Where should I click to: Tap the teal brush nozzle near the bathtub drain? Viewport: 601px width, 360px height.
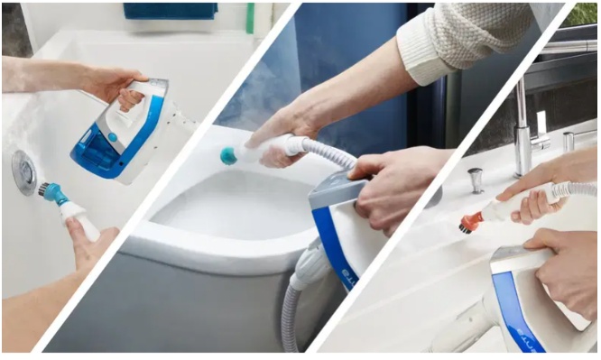(x=51, y=191)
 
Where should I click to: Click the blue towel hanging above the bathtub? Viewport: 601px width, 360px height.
(x=171, y=11)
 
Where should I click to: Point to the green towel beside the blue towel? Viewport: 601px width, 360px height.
(x=250, y=17)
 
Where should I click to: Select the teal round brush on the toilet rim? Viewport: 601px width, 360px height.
(x=229, y=155)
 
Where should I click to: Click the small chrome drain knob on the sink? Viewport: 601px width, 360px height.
(x=476, y=180)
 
